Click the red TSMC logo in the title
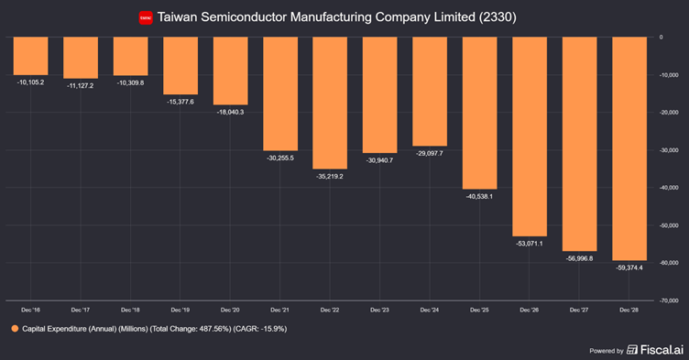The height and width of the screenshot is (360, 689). pos(145,17)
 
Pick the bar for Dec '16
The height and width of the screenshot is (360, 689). pos(30,56)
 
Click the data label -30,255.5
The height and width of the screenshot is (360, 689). pos(279,158)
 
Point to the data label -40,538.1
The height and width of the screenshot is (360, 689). pos(478,196)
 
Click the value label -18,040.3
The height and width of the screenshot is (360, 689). pos(229,112)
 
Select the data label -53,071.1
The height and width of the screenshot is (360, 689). pos(529,243)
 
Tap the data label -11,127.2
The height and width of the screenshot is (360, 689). pos(80,85)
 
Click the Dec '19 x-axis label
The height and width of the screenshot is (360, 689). pos(180,311)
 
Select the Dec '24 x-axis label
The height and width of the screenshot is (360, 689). pos(429,311)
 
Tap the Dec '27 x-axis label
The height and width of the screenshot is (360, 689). pos(578,311)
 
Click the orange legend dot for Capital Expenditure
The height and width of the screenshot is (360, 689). pos(16,328)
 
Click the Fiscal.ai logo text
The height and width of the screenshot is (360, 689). pos(655,349)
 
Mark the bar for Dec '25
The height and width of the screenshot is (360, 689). pos(478,113)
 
